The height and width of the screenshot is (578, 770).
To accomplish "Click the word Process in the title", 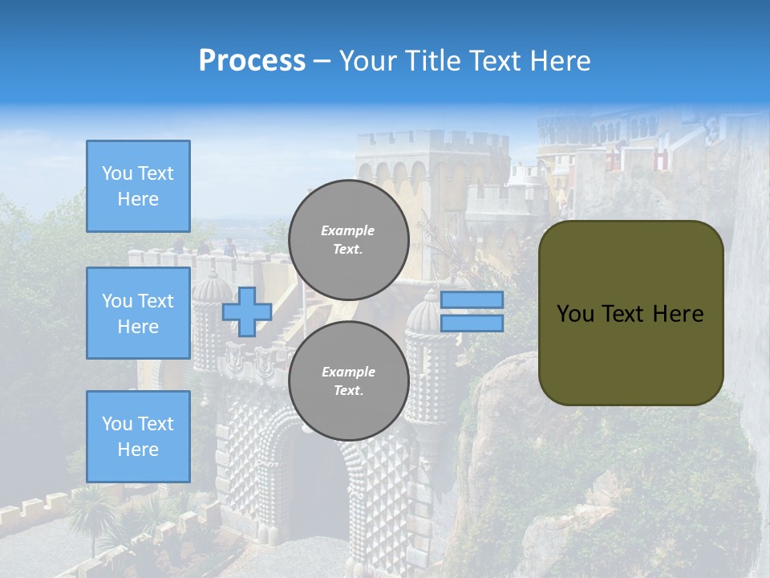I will coord(252,61).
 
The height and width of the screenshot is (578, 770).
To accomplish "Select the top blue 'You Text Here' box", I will coord(138,186).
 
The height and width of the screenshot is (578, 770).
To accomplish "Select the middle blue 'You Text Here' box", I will coord(138,313).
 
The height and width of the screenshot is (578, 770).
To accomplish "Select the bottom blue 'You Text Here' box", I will coord(138,436).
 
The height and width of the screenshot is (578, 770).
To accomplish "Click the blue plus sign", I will coord(247,311).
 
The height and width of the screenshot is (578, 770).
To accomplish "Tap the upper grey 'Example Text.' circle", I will coord(349,240).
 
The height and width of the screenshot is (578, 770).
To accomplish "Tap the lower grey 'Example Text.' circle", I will coord(349,381).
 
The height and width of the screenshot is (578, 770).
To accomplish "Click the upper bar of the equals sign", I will coord(472,299).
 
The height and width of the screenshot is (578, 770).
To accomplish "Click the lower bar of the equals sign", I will coord(472,323).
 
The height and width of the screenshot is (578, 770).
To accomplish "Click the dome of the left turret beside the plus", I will coord(213,287).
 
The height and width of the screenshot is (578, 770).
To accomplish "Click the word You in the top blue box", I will coord(117,173).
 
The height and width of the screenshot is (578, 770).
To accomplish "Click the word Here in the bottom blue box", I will coord(138,450).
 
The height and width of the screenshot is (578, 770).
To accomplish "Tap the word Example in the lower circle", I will coord(348,372).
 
